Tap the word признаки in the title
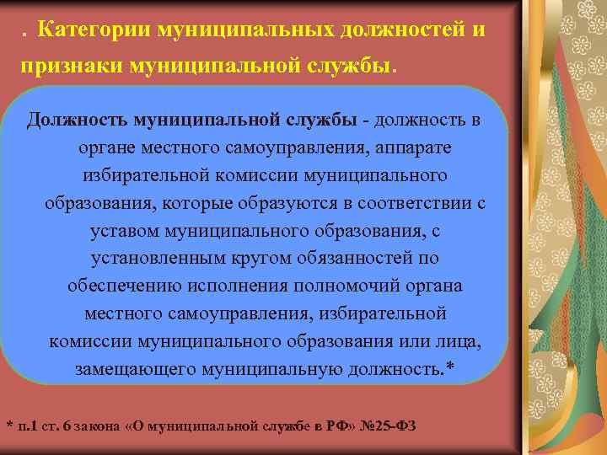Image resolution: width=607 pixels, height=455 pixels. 69,66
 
